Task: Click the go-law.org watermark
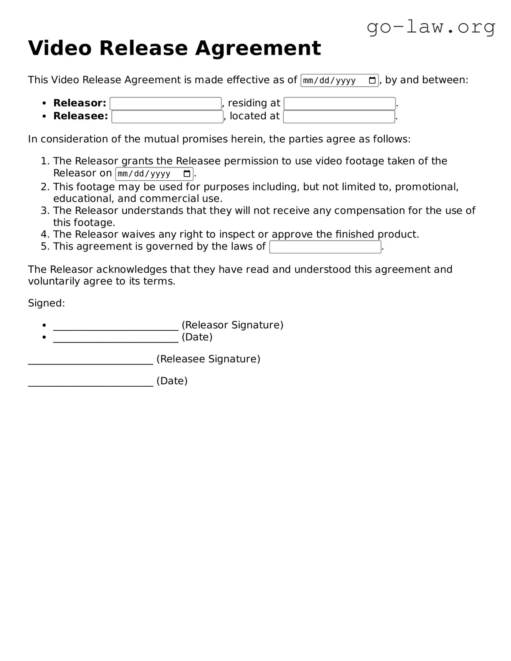431,27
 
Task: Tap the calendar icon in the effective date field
372,81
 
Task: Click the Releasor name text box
165,104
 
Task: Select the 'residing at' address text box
339,104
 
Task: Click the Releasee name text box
167,117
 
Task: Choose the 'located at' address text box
339,117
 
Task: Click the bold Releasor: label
80,103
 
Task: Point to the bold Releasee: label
81,116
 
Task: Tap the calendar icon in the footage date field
187,174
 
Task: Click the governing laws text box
325,247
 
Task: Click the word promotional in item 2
427,187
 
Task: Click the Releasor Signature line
116,326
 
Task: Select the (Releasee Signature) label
208,359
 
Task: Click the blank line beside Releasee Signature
91,360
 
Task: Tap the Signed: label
46,303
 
